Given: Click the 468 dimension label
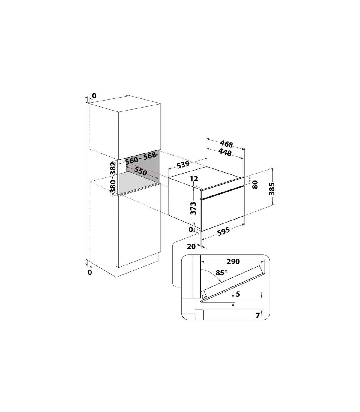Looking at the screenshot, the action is tap(226, 144).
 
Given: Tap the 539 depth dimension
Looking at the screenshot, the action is tap(183, 165).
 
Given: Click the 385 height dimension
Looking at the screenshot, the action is tap(272, 189).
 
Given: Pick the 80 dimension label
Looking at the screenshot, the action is tap(255, 185).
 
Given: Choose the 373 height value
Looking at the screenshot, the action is tap(193, 208).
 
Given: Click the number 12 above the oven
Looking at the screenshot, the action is tap(194, 179).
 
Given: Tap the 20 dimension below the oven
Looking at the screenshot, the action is tap(191, 247).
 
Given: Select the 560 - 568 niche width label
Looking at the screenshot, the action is tap(141, 158).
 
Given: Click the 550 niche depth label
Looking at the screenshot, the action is tap(140, 171).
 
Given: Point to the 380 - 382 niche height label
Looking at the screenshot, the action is tap(113, 177).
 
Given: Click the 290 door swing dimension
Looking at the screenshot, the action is tap(233, 262).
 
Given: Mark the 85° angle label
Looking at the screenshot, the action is tap(221, 273).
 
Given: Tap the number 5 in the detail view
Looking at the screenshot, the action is tap(238, 294).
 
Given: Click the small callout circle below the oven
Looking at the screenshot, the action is tap(197, 234).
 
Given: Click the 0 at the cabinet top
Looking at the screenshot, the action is tap(94, 96).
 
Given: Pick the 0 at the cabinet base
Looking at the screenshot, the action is tap(90, 272).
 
